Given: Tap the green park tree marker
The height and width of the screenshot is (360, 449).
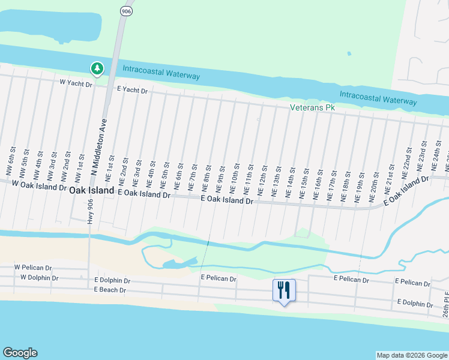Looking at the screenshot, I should click(97, 69).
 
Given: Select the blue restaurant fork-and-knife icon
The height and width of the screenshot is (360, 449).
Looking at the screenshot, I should click(284, 291).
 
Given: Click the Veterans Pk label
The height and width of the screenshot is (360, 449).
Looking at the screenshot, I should click(312, 107).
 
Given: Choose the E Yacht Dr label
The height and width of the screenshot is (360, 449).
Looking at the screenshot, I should click(132, 90).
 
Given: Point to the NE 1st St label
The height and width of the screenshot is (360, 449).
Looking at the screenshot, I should click(110, 168).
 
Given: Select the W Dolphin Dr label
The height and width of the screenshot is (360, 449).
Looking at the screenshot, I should click(39, 278).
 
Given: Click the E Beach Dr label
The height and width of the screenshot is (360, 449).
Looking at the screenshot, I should click(110, 290).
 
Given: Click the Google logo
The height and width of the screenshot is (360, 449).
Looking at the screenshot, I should click(20, 353).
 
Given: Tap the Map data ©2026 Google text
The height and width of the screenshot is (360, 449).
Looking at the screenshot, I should click(412, 355).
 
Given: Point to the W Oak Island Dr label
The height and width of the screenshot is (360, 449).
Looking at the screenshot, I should click(38, 187).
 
